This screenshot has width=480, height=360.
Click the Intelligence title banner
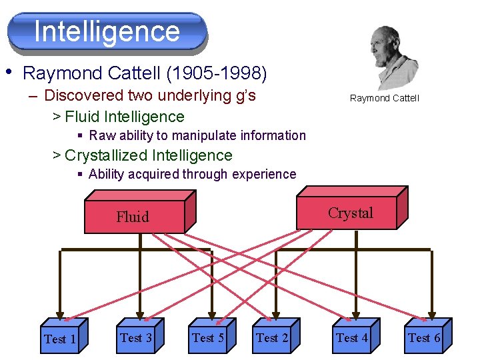(x=107, y=31)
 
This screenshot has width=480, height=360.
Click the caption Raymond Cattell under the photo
(x=385, y=99)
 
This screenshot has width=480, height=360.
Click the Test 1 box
(x=59, y=339)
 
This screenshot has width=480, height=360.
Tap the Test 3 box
(x=136, y=337)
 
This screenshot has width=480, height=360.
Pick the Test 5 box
(x=208, y=338)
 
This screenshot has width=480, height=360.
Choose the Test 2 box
(x=272, y=338)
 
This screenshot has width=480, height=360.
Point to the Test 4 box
(x=352, y=338)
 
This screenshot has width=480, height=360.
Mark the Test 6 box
(x=424, y=338)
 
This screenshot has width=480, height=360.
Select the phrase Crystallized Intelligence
(x=149, y=155)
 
